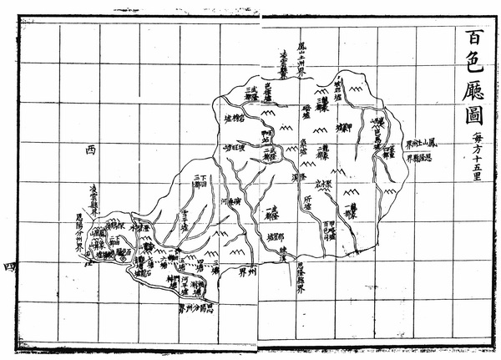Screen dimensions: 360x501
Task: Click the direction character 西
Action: click(90, 150)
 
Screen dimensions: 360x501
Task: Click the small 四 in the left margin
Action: click(10, 266)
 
